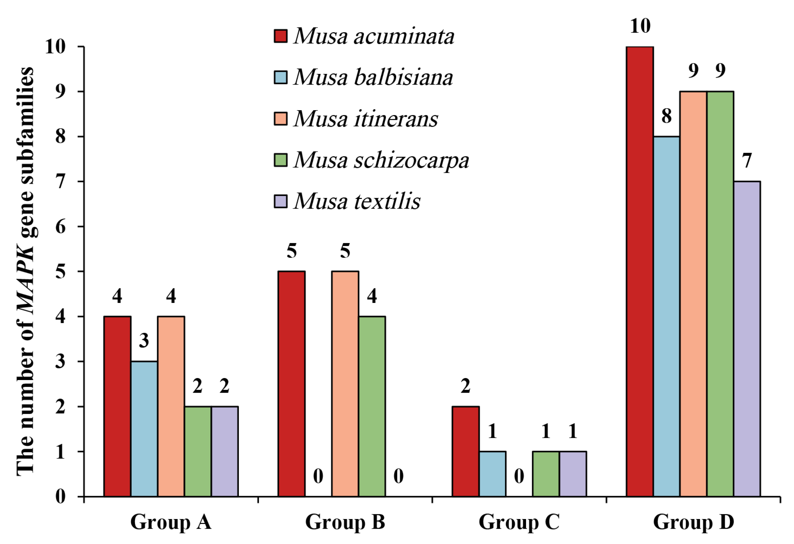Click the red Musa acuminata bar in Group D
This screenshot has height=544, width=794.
tap(640, 272)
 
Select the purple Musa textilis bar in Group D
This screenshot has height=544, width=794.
tap(747, 339)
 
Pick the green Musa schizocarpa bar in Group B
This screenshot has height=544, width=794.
tap(372, 406)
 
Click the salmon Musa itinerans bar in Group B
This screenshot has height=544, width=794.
tap(345, 384)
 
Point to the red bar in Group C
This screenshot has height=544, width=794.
tap(465, 451)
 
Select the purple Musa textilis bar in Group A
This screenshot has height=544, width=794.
tap(224, 451)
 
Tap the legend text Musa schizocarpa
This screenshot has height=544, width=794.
tap(381, 160)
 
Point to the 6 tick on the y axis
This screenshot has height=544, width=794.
tap(60, 226)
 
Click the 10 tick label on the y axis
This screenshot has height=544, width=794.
tap(55, 47)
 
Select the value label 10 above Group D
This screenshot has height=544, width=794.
tap(640, 26)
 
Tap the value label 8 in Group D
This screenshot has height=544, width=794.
tap(666, 116)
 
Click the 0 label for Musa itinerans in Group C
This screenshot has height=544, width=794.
tap(519, 476)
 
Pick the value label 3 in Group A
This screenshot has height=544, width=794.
tap(144, 341)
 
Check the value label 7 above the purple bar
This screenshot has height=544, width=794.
tap(747, 161)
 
